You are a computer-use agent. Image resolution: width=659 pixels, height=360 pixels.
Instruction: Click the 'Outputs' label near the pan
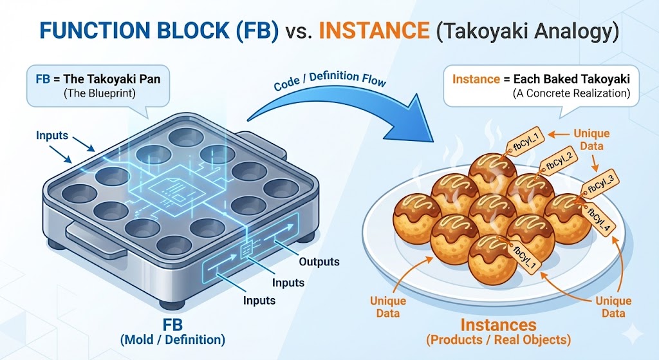[319, 262]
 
